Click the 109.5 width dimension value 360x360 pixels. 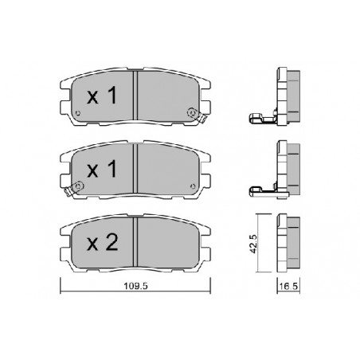coord(135,286)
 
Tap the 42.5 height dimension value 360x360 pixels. coord(253,243)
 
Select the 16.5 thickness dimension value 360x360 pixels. coord(289,287)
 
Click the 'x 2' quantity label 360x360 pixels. coord(103,243)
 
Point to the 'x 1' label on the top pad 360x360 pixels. coord(102,96)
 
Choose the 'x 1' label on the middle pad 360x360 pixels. coord(102,169)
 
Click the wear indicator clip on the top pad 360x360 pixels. coord(197,115)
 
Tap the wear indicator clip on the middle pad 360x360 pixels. coord(74,188)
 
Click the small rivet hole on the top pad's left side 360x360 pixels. coord(78,113)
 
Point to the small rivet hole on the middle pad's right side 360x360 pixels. coord(193,186)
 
